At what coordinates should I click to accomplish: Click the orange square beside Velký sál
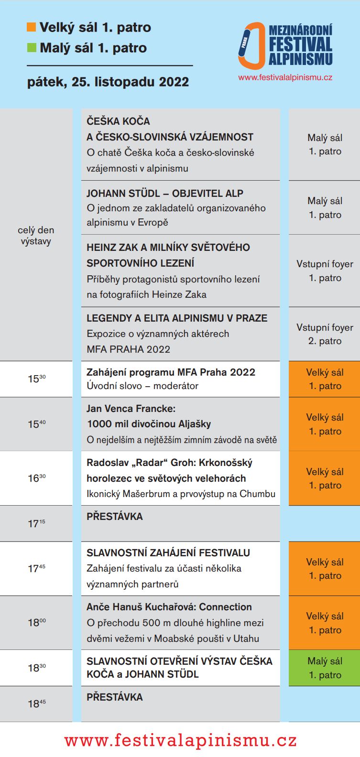(x=32, y=28)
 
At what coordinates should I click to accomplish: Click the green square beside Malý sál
(x=32, y=48)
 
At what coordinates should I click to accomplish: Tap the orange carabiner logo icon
(x=251, y=46)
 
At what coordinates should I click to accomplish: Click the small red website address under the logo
(x=285, y=77)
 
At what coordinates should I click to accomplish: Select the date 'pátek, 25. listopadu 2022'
(x=108, y=82)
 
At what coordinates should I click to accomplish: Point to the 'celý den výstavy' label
(x=36, y=236)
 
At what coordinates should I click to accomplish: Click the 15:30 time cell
(x=36, y=379)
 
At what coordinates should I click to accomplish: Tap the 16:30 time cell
(x=36, y=478)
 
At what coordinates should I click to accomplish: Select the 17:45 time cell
(x=36, y=569)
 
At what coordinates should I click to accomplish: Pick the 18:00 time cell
(x=36, y=623)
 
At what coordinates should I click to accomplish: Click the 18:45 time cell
(x=36, y=703)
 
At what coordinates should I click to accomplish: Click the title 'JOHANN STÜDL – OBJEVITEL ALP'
(x=165, y=194)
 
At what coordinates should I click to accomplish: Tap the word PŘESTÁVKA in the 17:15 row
(x=115, y=517)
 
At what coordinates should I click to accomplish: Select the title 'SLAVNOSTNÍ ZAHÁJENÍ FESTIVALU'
(x=168, y=553)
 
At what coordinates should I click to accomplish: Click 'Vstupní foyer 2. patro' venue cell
(x=325, y=334)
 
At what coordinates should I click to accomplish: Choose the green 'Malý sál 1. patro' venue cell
(x=325, y=668)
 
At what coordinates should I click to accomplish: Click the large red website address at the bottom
(x=181, y=740)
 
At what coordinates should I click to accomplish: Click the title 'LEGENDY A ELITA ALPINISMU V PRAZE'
(x=177, y=318)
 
